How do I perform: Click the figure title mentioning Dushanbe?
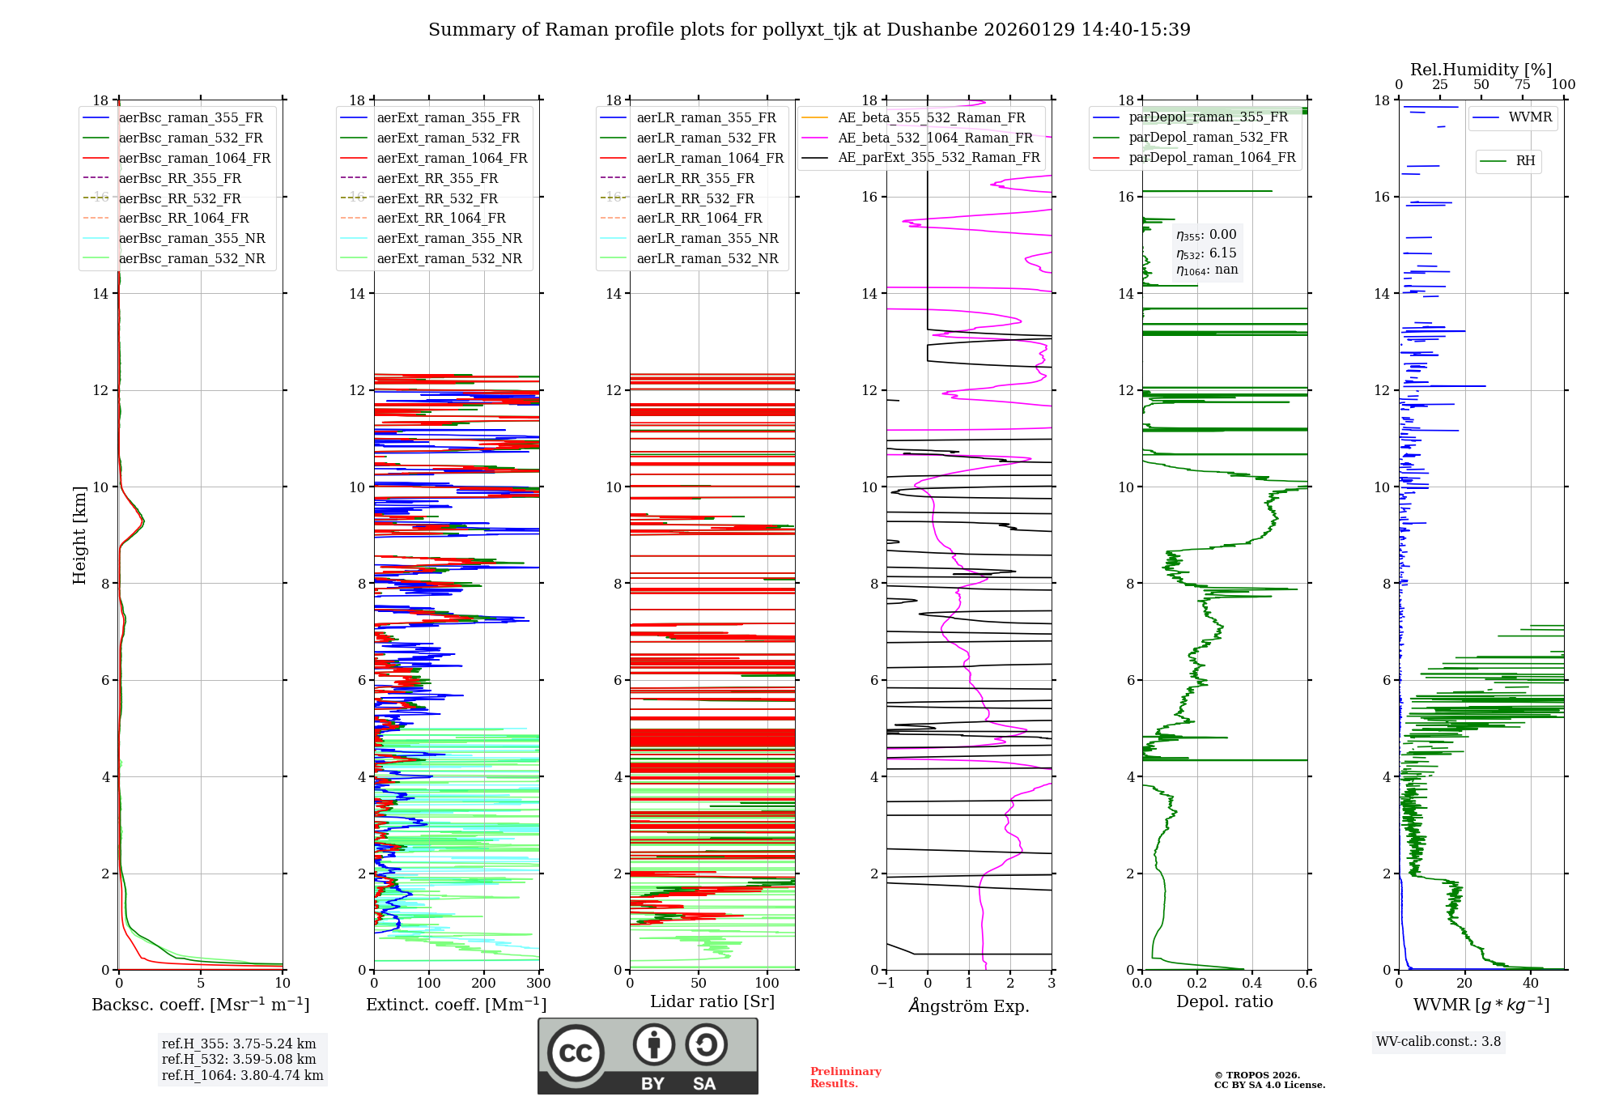click(x=809, y=30)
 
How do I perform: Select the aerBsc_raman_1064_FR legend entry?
click(x=194, y=158)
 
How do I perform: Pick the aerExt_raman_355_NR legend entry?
click(x=449, y=238)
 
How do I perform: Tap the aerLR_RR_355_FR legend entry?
click(x=695, y=178)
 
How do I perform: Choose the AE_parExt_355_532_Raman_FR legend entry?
click(x=938, y=157)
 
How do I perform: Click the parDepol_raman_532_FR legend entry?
click(x=1208, y=138)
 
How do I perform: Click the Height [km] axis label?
click(x=79, y=534)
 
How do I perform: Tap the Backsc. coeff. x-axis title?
click(x=200, y=1005)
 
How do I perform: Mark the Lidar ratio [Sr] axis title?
click(x=712, y=1001)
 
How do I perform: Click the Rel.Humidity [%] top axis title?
click(x=1481, y=70)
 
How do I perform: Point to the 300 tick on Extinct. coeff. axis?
click(x=538, y=984)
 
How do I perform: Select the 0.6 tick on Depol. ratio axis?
click(x=1307, y=984)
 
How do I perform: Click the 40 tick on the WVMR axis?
click(x=1531, y=984)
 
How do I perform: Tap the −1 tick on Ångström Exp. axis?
click(x=886, y=984)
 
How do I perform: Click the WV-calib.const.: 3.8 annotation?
click(x=1438, y=1042)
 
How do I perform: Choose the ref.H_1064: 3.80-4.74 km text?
click(x=242, y=1076)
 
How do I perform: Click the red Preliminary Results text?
click(x=845, y=1078)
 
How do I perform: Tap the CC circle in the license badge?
click(x=576, y=1053)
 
